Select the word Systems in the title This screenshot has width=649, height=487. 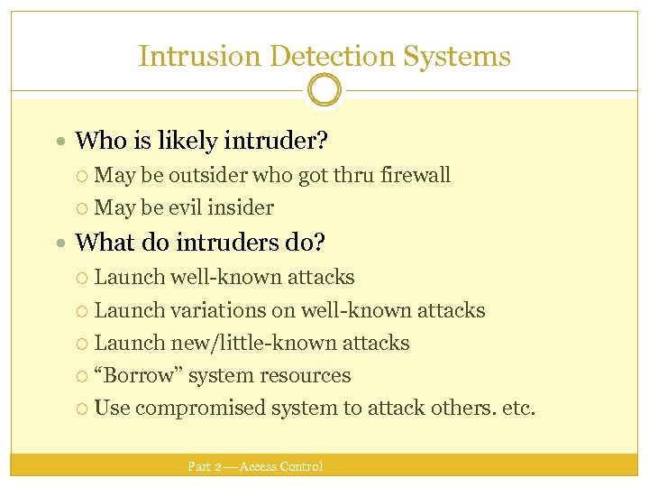tap(457, 57)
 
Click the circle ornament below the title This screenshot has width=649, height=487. tap(324, 90)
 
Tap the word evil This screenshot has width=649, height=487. tap(184, 207)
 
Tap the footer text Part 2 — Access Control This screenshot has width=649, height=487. tap(255, 466)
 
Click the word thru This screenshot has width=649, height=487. tap(352, 175)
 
